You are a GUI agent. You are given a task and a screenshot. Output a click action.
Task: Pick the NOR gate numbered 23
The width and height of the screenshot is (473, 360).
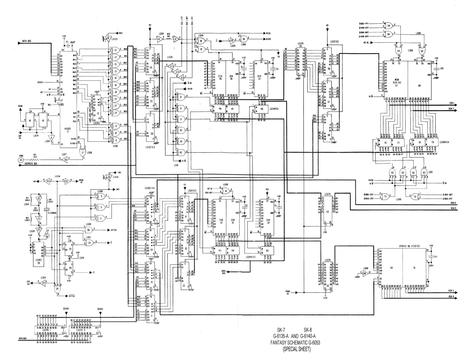tap(89, 242)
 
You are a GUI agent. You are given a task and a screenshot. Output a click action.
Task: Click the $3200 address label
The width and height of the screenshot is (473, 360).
tap(66, 309)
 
